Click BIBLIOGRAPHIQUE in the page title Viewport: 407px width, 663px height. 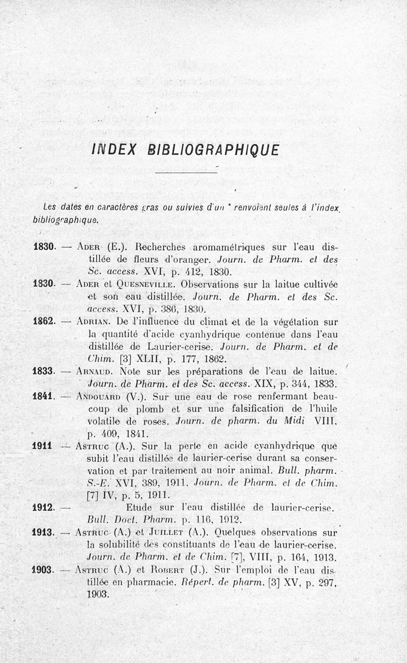[x=213, y=150]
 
